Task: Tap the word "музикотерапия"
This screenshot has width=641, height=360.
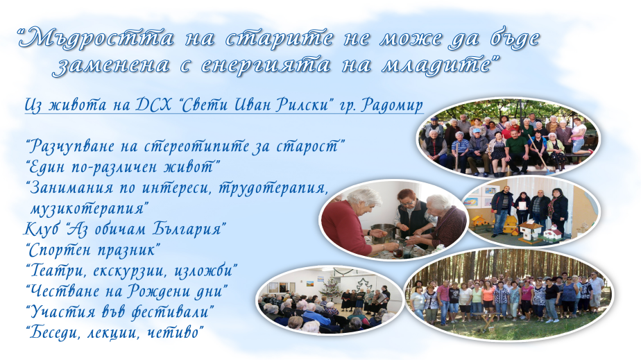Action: pos(87,209)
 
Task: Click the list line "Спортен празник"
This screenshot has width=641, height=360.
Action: pos(93,250)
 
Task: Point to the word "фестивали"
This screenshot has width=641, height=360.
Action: pos(172,311)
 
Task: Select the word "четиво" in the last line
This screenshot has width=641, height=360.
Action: pos(176,332)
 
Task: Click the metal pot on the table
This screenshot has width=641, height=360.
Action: pos(383,232)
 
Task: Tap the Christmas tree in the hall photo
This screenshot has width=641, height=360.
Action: pos(331,287)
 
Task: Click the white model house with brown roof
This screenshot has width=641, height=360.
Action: pos(530,230)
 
